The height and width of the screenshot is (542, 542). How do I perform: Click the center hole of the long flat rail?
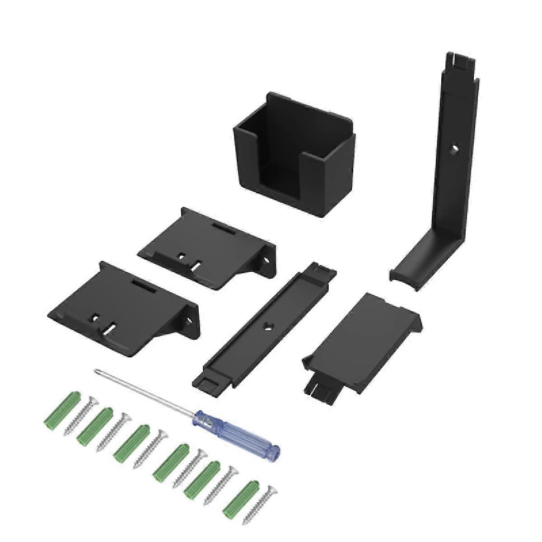coord(269,325)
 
